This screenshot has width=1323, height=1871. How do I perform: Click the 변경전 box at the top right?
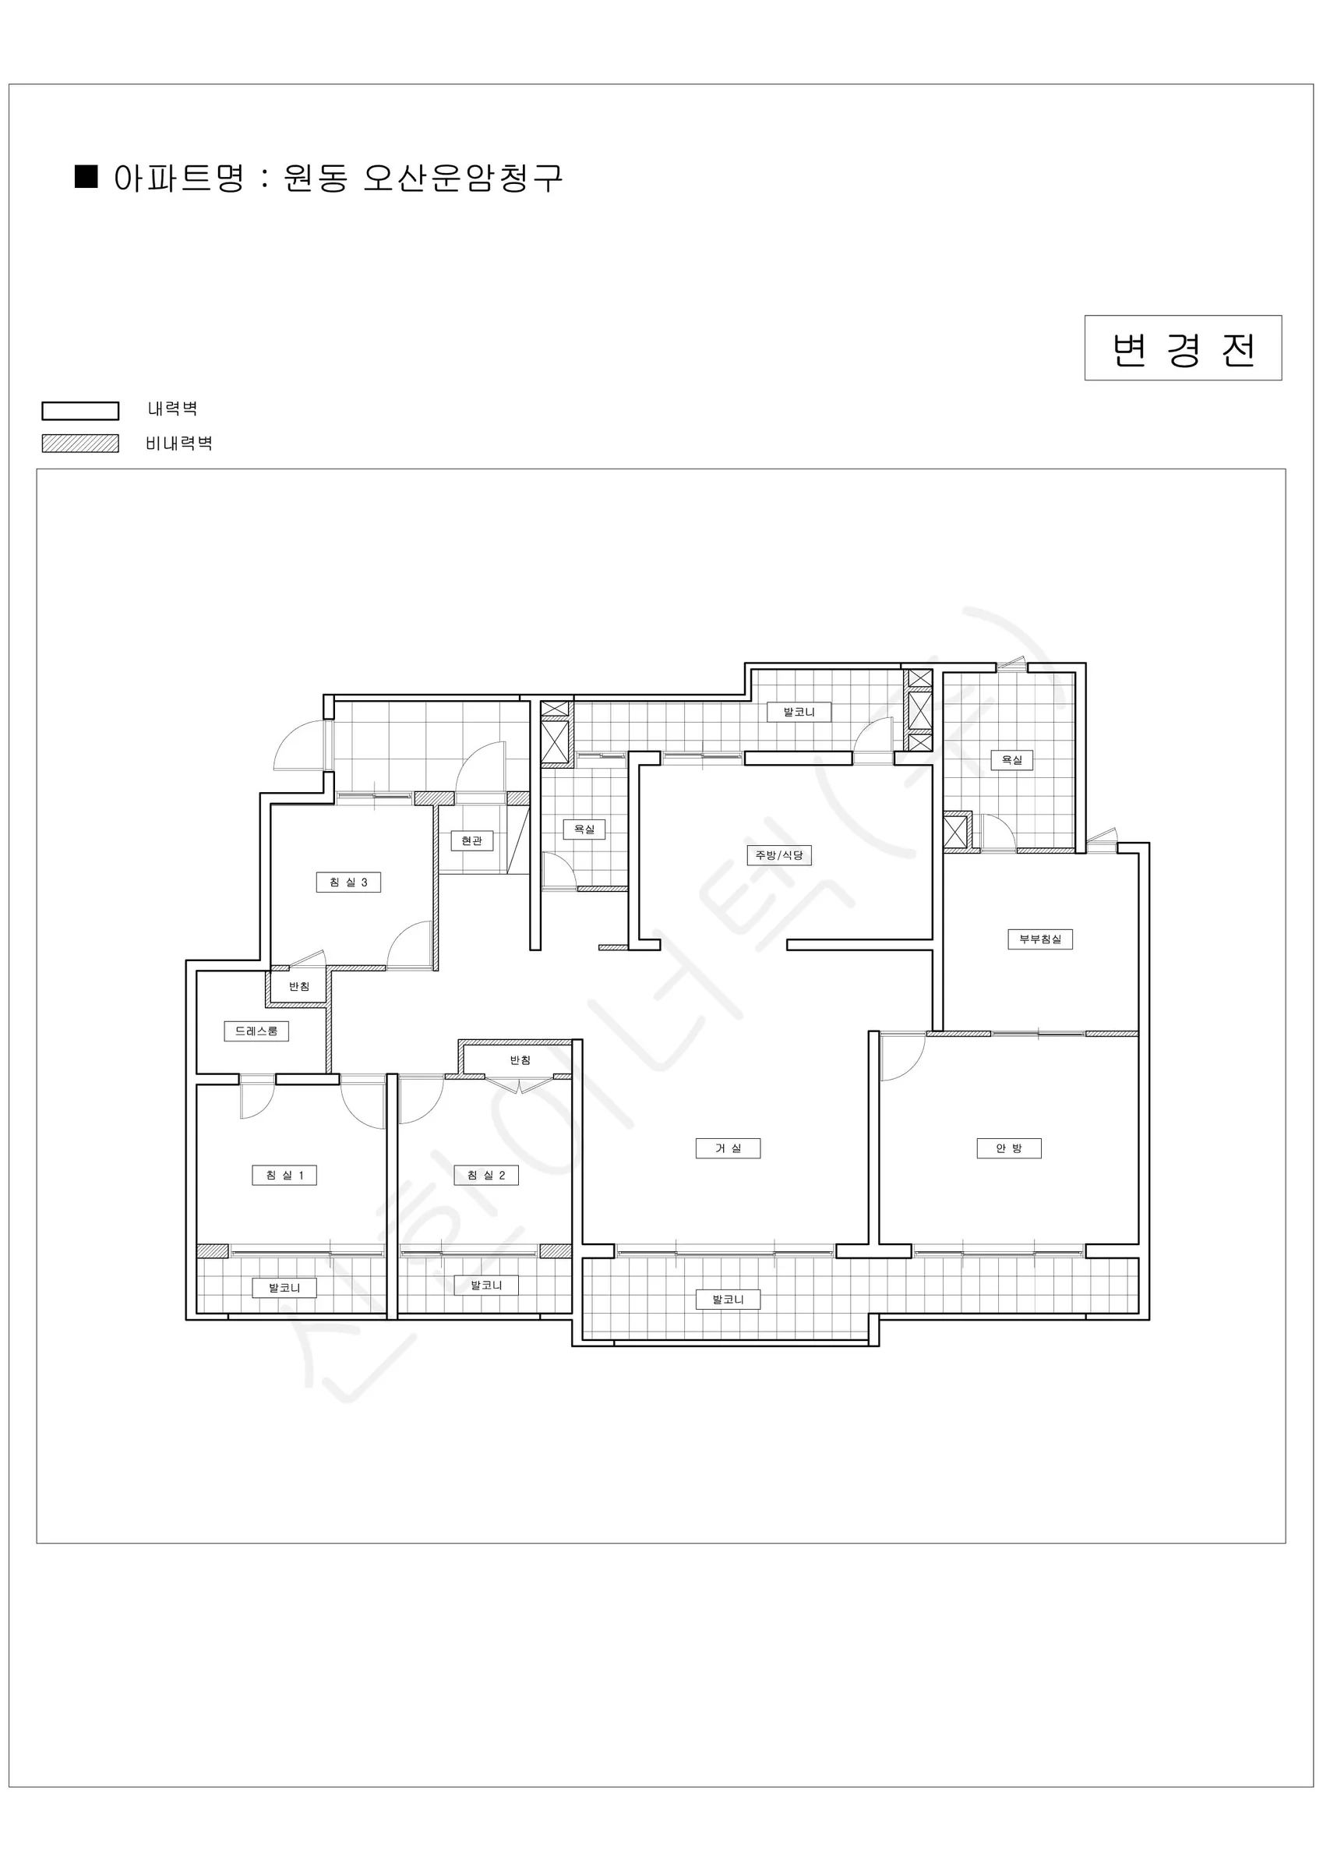click(1183, 348)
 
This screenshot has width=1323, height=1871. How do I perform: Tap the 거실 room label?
click(729, 1148)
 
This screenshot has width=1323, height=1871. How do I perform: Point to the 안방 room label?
click(1008, 1148)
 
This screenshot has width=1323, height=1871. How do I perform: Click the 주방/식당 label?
click(780, 855)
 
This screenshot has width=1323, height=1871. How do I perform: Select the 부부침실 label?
click(1040, 939)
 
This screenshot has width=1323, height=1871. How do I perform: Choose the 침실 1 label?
click(284, 1175)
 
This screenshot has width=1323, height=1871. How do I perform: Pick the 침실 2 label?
click(486, 1175)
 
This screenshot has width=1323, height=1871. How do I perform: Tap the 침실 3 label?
click(349, 882)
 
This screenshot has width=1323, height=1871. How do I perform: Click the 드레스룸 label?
click(256, 1031)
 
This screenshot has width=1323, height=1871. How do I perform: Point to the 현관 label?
click(472, 840)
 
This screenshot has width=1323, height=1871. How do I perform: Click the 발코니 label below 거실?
click(729, 1299)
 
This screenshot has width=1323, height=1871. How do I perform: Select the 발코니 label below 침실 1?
click(284, 1288)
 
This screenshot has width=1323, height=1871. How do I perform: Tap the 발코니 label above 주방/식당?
click(799, 712)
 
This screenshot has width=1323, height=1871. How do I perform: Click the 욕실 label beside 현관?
click(584, 829)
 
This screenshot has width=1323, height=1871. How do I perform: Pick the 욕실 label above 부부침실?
click(1012, 759)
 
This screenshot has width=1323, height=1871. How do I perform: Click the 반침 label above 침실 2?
click(520, 1059)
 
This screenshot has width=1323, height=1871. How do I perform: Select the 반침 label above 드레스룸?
click(299, 986)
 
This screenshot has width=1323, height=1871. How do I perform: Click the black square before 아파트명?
click(86, 176)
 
